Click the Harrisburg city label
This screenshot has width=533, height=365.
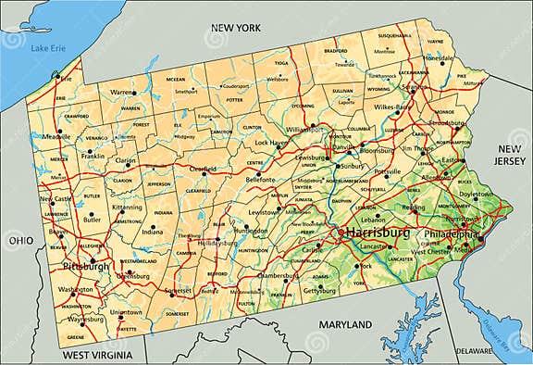(x=378, y=233)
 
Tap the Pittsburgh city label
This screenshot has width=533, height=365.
(x=85, y=267)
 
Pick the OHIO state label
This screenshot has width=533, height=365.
(x=20, y=240)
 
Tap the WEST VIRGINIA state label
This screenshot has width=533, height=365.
(x=98, y=355)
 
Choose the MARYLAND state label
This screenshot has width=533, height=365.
(x=344, y=324)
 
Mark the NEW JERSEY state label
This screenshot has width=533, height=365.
(x=511, y=155)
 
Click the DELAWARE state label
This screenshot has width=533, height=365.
(x=475, y=351)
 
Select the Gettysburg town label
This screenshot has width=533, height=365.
(x=319, y=291)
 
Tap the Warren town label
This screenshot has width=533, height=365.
(x=122, y=93)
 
